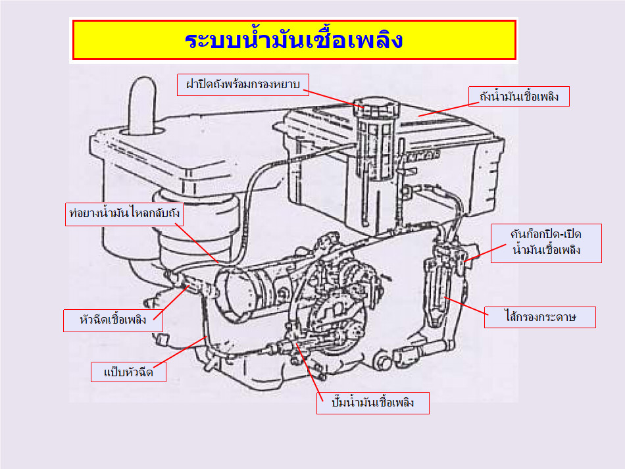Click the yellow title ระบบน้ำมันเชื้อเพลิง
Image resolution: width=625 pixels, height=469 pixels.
point(293,40)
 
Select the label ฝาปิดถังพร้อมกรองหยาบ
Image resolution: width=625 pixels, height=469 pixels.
point(243,84)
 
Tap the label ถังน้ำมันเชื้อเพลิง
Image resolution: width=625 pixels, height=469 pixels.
point(519,97)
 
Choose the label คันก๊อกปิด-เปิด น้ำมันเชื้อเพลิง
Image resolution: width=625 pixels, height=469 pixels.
point(546,243)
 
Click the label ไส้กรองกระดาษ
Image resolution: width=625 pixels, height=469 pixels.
point(541,317)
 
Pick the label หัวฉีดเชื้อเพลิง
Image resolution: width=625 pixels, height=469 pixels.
point(113,320)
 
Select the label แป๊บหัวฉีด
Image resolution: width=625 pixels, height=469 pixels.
point(128,372)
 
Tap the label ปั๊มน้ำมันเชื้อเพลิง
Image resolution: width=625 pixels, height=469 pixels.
point(374,403)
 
